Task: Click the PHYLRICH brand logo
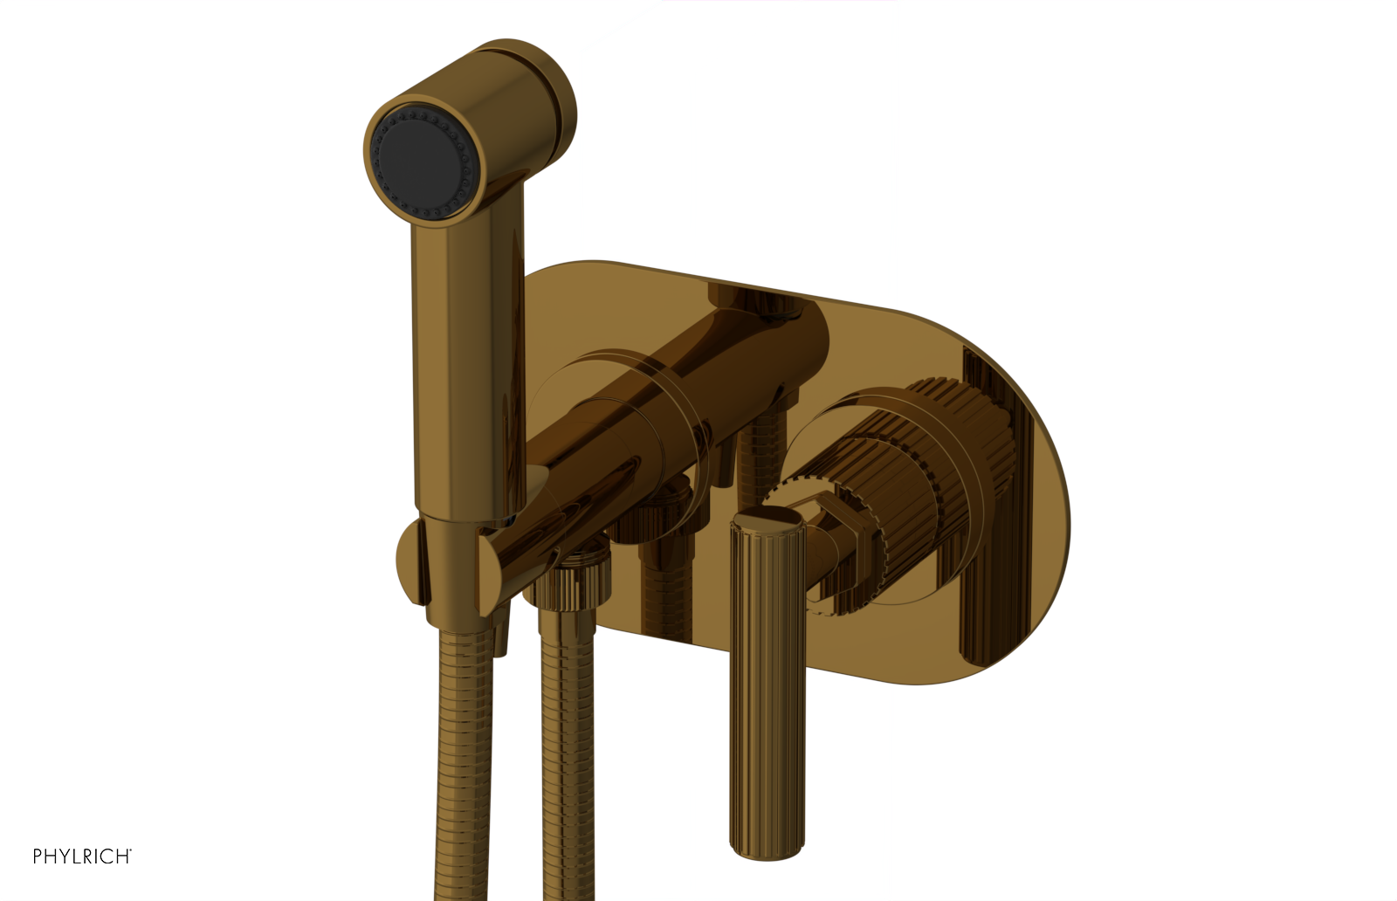(81, 856)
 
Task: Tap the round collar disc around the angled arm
(611, 410)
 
